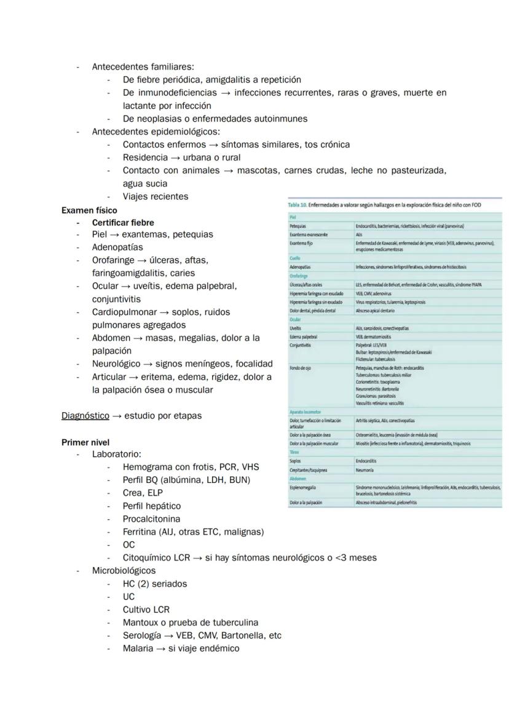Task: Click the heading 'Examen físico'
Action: pos(89,210)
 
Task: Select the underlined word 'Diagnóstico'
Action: pos(85,416)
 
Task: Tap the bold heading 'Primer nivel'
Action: pos(85,442)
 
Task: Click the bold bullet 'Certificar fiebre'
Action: pos(123,223)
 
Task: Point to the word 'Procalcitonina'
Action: pos(151,519)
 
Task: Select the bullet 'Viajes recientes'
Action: pos(156,197)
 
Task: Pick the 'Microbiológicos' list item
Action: pos(124,571)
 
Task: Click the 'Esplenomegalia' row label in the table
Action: pos(303,487)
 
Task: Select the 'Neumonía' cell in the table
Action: pos(365,469)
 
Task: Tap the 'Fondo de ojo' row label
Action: pos(301,368)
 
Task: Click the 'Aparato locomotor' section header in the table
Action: pos(306,411)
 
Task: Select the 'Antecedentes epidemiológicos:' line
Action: pos(156,132)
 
